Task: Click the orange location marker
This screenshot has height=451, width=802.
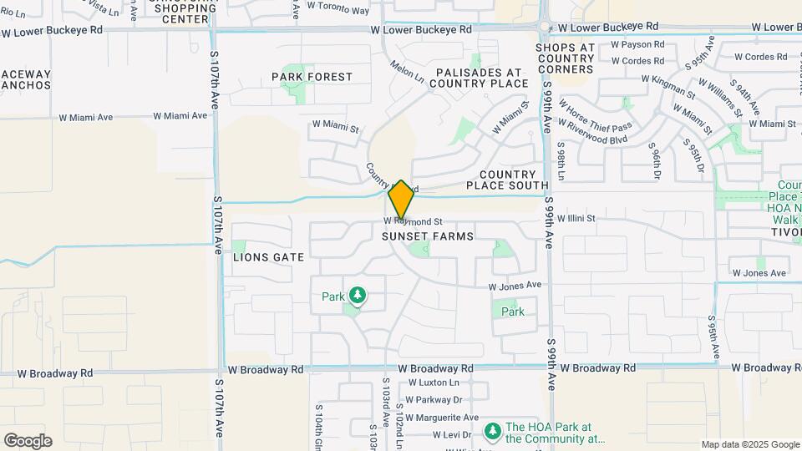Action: pos(401,200)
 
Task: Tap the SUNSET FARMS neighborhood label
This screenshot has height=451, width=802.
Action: pos(428,236)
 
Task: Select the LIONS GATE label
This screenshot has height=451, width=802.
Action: pos(268,257)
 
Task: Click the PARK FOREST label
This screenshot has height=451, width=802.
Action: pos(312,77)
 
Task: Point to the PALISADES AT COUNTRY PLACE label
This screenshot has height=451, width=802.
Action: pos(480,78)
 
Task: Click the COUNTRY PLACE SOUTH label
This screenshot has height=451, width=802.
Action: pos(507,180)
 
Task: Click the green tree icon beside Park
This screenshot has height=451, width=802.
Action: pos(358,295)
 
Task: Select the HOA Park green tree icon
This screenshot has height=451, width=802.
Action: pos(493,431)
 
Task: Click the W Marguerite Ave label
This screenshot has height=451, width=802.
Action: pos(444,418)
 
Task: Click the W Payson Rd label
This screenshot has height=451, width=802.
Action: pos(637,44)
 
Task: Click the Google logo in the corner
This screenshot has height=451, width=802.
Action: pos(28,441)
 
